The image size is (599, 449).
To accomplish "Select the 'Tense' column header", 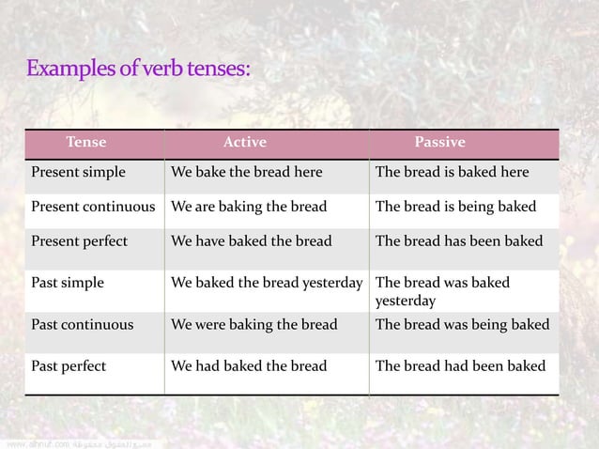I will pyautogui.click(x=85, y=143).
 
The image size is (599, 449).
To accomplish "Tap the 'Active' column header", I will pyautogui.click(x=244, y=143).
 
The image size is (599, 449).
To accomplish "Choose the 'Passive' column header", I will pyautogui.click(x=440, y=143).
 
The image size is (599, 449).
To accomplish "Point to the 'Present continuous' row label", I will pyautogui.click(x=94, y=207).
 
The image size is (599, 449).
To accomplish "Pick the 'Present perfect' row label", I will pyautogui.click(x=80, y=240).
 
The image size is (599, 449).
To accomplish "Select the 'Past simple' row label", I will pyautogui.click(x=68, y=282).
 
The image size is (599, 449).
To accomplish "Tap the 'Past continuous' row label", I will pyautogui.click(x=83, y=325).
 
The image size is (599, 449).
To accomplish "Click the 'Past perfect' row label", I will pyautogui.click(x=69, y=364).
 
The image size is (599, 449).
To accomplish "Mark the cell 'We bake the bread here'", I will pyautogui.click(x=247, y=173).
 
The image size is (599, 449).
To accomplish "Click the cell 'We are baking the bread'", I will pyautogui.click(x=249, y=207).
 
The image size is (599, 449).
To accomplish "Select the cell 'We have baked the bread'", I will pyautogui.click(x=251, y=240).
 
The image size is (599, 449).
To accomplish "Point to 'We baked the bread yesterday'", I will pyautogui.click(x=267, y=282).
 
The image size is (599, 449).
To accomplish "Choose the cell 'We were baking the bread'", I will pyautogui.click(x=252, y=325).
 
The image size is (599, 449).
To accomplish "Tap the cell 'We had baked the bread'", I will pyautogui.click(x=249, y=364).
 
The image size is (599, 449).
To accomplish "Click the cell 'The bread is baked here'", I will pyautogui.click(x=452, y=173).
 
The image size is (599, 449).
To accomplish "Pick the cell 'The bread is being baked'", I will pyautogui.click(x=456, y=207).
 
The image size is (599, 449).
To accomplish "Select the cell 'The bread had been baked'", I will pyautogui.click(x=460, y=364).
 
